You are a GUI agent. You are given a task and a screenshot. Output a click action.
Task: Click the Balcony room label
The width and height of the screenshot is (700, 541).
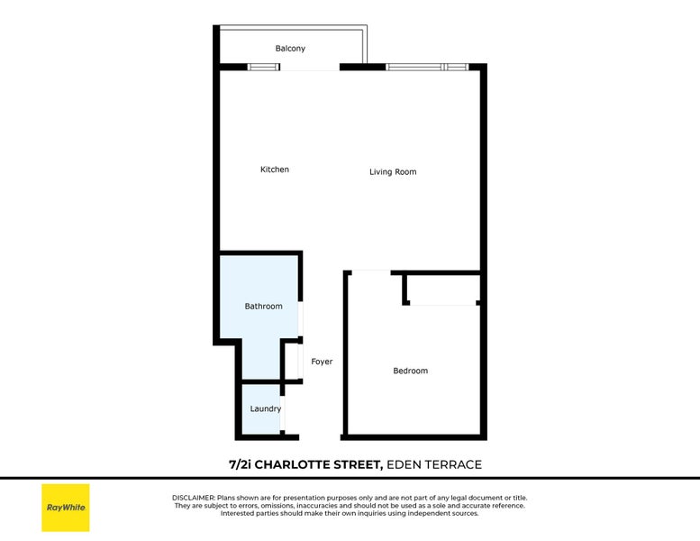click(x=290, y=49)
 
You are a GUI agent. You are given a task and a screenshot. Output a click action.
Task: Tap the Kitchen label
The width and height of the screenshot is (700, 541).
click(x=275, y=170)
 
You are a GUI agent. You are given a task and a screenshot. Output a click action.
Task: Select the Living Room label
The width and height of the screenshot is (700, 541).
click(x=393, y=171)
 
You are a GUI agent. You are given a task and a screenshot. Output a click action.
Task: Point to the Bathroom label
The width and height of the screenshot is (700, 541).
click(x=263, y=307)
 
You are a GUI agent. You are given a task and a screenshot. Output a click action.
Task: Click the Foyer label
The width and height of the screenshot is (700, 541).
click(x=322, y=362)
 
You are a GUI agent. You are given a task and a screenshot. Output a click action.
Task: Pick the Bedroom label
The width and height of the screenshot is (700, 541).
click(x=410, y=371)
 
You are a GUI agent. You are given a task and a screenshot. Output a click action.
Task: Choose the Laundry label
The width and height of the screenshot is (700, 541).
click(x=265, y=408)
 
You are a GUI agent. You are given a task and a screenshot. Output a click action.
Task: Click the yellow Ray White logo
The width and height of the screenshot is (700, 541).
click(x=66, y=508)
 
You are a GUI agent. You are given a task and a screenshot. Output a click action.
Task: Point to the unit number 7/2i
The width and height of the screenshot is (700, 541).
click(x=241, y=464)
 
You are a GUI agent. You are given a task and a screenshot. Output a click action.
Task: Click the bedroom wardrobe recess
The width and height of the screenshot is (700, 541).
click(x=442, y=289)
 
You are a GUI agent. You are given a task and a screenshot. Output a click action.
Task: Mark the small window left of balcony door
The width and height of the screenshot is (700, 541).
click(x=263, y=67)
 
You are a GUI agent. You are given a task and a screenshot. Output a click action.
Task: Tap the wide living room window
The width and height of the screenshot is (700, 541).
click(x=426, y=67)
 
